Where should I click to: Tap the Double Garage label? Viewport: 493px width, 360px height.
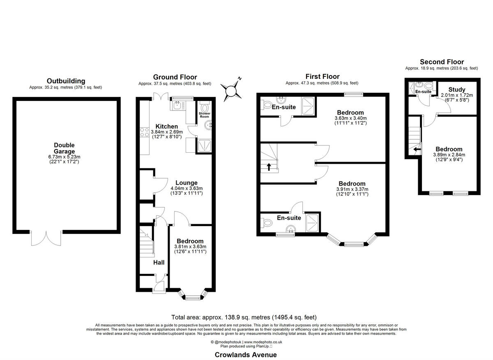click(x=64, y=148)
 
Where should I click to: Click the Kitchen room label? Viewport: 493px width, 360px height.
click(x=166, y=126)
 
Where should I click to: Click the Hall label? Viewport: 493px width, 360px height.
click(x=159, y=262)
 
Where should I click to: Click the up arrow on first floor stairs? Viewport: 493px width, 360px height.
click(x=269, y=167)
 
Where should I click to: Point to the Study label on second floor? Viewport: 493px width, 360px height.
click(x=456, y=89)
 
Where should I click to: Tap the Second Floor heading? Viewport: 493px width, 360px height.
click(x=442, y=62)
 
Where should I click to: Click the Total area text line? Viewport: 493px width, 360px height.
click(x=244, y=317)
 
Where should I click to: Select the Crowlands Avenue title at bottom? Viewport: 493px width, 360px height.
click(x=246, y=355)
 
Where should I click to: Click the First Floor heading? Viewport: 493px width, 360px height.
click(x=322, y=76)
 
